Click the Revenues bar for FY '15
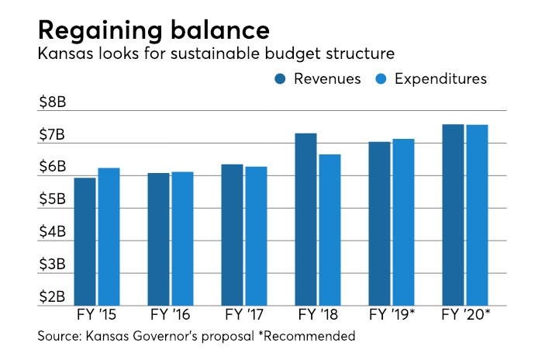[85, 242]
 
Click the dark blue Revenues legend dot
[280, 79]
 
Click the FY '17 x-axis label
[244, 317]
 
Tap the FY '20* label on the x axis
[465, 317]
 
